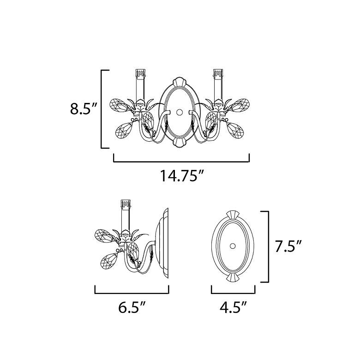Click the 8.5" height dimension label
[84, 109]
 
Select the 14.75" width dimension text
[181, 176]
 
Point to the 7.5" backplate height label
[288, 247]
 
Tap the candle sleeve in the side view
[124, 217]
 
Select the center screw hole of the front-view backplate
[179, 112]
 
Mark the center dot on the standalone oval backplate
[233, 245]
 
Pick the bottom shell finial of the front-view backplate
[179, 143]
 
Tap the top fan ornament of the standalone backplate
[233, 215]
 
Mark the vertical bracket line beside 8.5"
[102, 109]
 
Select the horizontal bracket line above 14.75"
[181, 162]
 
